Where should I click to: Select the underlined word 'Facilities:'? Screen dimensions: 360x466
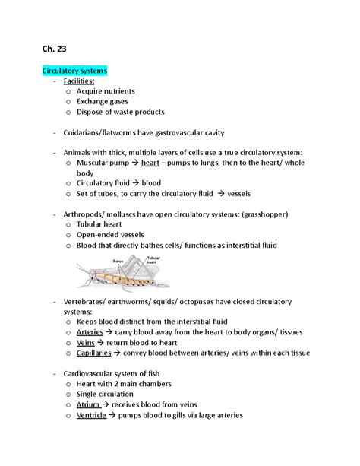(79, 81)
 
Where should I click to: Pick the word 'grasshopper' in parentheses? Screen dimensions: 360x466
(260, 214)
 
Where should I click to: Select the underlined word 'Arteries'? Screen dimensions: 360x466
(90, 332)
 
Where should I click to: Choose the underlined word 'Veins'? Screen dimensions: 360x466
(85, 343)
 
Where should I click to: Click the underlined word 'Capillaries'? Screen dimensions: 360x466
(95, 353)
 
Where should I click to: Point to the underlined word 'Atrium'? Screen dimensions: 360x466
(88, 404)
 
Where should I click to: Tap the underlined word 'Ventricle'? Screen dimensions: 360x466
(93, 415)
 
